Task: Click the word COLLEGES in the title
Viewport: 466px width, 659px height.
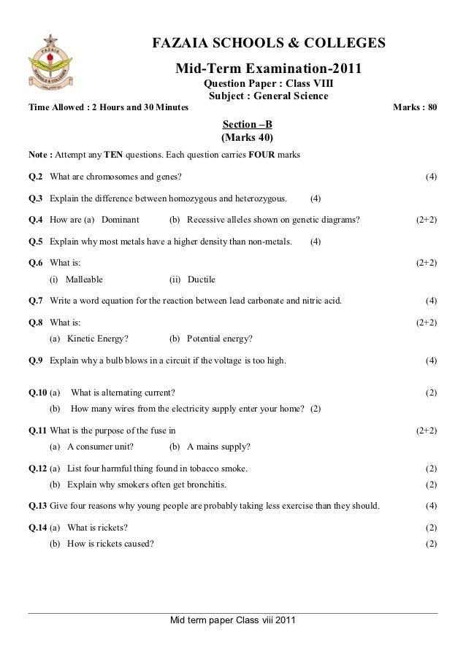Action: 346,45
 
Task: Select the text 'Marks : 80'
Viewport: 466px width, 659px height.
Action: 415,108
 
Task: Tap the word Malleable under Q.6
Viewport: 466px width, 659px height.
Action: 84,279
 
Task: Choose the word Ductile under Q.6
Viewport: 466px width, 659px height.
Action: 202,279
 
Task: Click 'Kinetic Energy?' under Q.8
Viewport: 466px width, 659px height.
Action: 98,339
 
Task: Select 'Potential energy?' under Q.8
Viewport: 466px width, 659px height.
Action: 220,339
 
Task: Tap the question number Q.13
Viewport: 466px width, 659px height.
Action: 37,506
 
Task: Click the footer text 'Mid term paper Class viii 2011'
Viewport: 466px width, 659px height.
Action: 232,621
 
